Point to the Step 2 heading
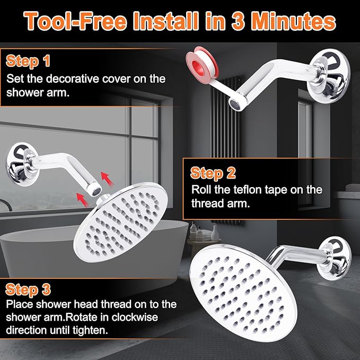213,173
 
